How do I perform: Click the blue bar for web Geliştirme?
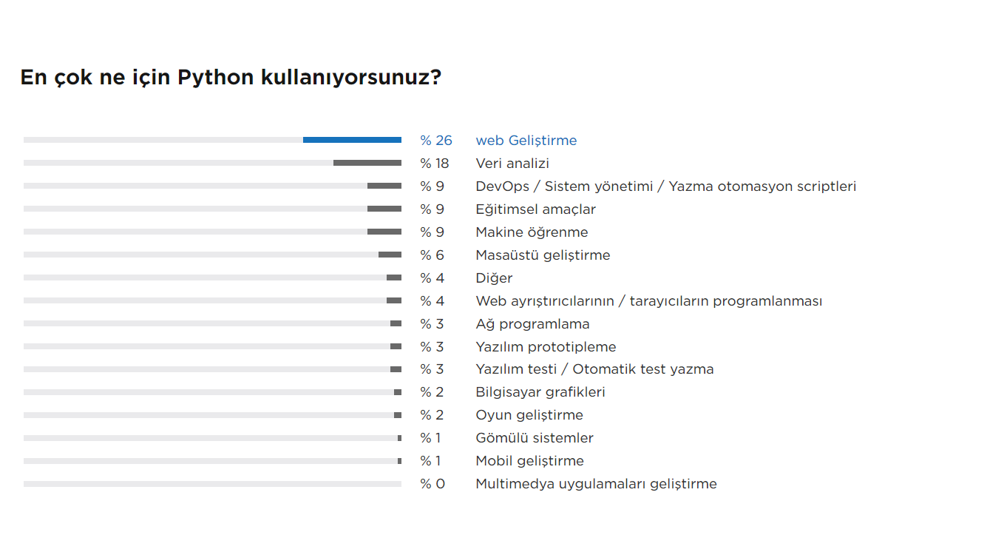tap(352, 140)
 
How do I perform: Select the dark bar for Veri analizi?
tap(367, 163)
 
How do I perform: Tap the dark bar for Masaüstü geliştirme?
tap(390, 255)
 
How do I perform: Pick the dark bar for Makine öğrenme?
tap(384, 232)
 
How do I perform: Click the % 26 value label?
tap(436, 141)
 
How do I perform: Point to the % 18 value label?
tap(434, 164)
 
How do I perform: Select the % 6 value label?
tap(432, 255)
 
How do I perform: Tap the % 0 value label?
tap(433, 484)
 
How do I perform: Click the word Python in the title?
tap(216, 78)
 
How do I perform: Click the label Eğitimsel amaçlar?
tap(535, 209)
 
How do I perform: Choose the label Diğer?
tap(494, 278)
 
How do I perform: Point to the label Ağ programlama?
tap(532, 324)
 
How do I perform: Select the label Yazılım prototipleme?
tap(546, 347)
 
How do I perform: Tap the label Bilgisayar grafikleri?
tap(540, 392)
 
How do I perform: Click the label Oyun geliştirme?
tap(529, 415)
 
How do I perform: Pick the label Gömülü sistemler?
tap(535, 438)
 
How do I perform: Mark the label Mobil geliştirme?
tap(530, 461)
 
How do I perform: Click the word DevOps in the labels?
tap(503, 186)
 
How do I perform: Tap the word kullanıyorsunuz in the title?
tap(345, 78)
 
